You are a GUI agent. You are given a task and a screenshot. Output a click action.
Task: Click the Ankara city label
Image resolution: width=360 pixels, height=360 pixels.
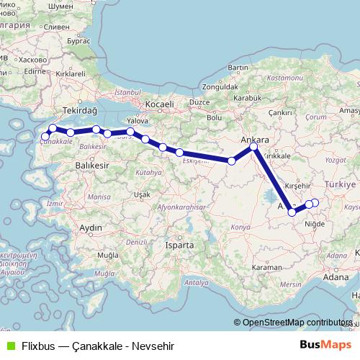click(x=255, y=138)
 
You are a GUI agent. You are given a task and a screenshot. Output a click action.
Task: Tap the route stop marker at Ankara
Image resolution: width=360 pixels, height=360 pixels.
click(x=253, y=148)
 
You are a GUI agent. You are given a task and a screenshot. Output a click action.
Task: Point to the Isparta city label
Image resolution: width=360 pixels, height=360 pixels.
click(x=179, y=245)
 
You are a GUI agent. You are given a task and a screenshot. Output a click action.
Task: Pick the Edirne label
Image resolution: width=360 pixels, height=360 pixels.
click(x=35, y=73)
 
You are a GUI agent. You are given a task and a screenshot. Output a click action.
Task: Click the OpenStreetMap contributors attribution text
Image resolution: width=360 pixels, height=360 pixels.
click(x=296, y=323)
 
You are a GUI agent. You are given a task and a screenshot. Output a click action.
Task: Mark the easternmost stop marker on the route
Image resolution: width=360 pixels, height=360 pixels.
click(x=315, y=202)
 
